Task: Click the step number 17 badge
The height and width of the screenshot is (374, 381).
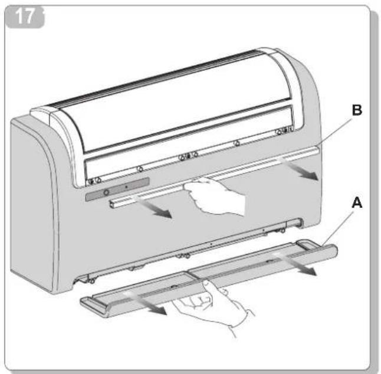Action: (25, 17)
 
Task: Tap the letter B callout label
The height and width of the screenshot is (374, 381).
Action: (357, 110)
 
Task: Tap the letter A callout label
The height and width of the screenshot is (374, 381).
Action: (357, 203)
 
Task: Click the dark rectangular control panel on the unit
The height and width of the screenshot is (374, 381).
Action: (117, 189)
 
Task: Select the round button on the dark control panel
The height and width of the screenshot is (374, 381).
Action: (106, 193)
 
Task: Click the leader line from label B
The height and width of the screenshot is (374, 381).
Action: (336, 131)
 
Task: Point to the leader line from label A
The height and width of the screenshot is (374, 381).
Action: (338, 228)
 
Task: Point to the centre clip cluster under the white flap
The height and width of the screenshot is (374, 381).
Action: (188, 156)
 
